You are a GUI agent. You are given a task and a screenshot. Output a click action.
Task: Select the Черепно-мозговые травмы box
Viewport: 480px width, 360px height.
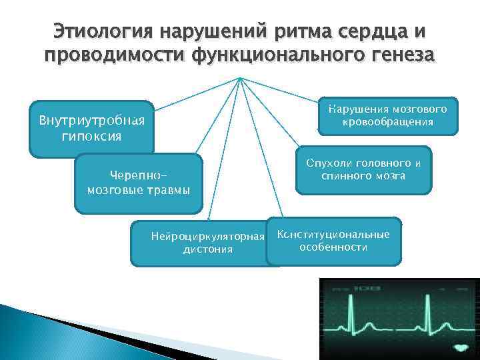pos(139,183)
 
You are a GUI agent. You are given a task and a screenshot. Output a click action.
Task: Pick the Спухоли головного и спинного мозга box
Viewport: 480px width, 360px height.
pos(363,169)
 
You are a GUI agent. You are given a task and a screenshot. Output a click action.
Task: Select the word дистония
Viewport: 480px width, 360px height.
pos(207,249)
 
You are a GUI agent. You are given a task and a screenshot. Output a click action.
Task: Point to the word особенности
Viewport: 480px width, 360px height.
pos(333,247)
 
